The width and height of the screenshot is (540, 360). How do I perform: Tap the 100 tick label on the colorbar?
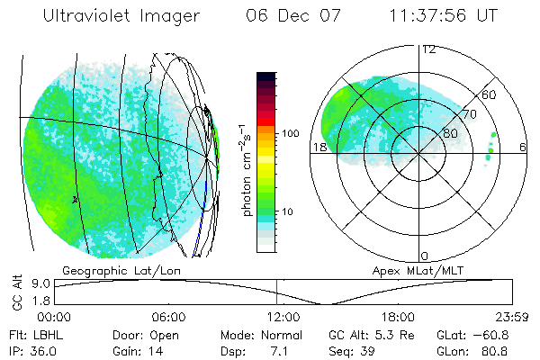[x=290, y=132]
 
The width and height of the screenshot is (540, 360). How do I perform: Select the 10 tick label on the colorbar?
[x=287, y=211]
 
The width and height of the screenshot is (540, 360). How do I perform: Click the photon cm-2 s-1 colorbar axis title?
[x=247, y=168]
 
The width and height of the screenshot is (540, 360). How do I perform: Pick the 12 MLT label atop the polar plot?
[x=429, y=49]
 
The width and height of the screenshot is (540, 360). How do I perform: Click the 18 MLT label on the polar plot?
[x=319, y=147]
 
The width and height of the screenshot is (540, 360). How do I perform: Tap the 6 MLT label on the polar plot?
[x=524, y=147]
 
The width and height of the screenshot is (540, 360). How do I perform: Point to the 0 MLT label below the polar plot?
[x=425, y=256]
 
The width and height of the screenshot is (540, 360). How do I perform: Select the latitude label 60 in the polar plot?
[x=490, y=94]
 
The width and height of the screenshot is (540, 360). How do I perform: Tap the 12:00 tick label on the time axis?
[x=283, y=317]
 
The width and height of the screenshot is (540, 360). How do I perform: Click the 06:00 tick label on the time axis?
[x=168, y=317]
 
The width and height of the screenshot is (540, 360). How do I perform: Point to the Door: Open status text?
[x=143, y=334]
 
